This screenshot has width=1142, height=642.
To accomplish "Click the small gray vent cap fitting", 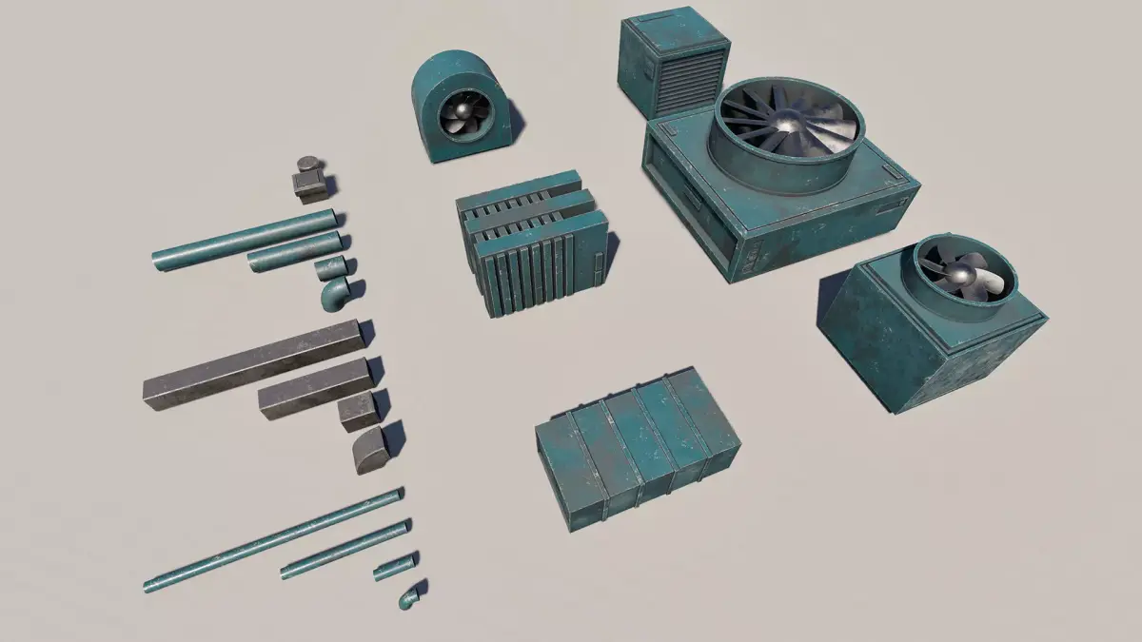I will [x=308, y=181].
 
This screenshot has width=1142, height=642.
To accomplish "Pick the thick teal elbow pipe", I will [x=333, y=295].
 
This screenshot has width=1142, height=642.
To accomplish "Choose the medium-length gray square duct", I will [x=313, y=389].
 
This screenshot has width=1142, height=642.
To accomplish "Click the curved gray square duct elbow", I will [x=368, y=450].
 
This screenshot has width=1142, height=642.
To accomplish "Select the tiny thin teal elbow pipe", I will [x=409, y=598].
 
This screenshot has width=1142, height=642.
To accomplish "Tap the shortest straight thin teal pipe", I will [x=394, y=568].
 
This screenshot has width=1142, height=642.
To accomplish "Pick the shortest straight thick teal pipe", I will [x=329, y=269].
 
